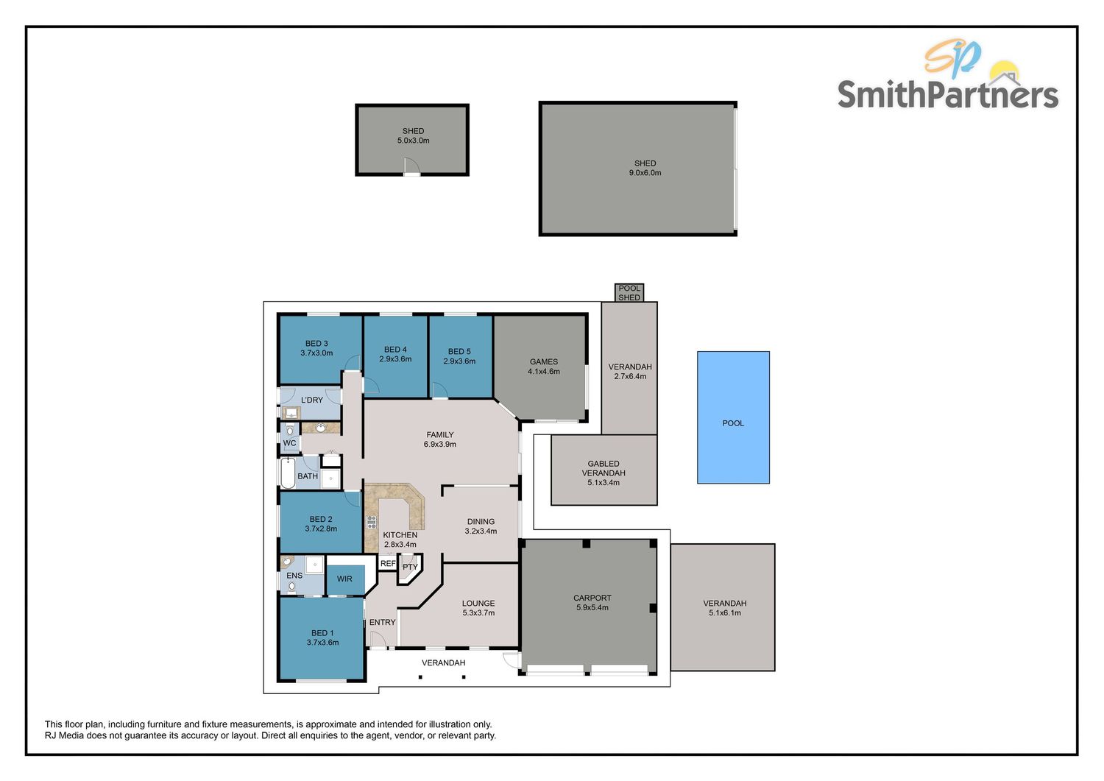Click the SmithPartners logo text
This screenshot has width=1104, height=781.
(947, 95)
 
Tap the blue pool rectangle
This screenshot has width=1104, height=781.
(733, 417)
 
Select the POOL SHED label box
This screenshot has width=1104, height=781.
(629, 293)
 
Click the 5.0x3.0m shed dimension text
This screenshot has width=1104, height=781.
(413, 141)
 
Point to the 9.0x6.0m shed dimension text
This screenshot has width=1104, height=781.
(645, 173)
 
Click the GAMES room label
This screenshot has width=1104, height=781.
(544, 361)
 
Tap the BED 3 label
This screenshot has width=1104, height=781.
(316, 344)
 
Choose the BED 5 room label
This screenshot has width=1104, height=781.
(459, 352)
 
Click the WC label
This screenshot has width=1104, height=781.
(290, 443)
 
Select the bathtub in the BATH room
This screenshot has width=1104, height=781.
(287, 473)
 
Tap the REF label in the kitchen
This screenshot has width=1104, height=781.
(388, 564)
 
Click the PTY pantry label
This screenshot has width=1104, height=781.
(410, 567)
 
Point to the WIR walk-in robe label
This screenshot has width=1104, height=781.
(344, 579)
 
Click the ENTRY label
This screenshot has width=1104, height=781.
(382, 623)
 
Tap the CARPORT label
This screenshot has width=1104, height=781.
(592, 598)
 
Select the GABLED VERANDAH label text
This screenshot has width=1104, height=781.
(604, 469)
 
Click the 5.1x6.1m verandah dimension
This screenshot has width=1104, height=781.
(725, 613)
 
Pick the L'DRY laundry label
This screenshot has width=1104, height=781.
(312, 400)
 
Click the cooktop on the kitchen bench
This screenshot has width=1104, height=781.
(372, 523)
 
